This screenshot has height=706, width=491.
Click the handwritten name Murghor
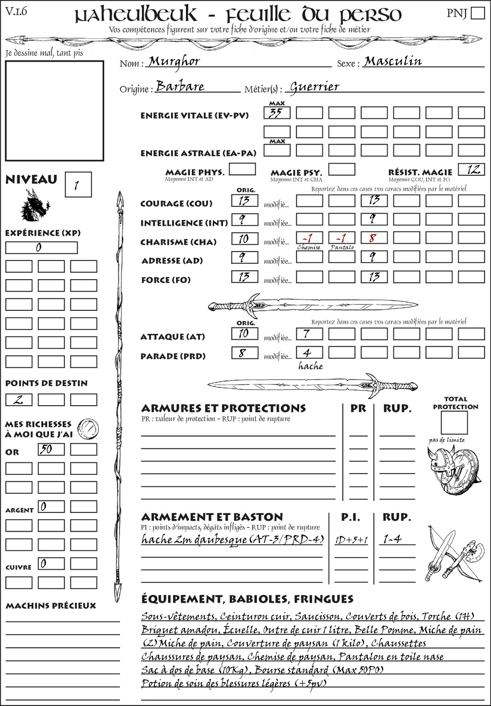[174, 61]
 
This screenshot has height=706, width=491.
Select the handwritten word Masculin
[393, 61]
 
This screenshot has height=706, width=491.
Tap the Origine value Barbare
[180, 86]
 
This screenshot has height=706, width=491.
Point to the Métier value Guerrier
[315, 87]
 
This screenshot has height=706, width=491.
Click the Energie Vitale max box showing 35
[277, 113]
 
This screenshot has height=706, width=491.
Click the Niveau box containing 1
[78, 185]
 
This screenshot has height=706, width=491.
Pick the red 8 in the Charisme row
[374, 238]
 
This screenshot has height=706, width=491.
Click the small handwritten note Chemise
[309, 248]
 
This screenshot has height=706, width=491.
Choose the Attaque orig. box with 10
[245, 333]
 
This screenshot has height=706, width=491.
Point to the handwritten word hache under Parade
[311, 366]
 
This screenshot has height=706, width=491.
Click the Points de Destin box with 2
[19, 399]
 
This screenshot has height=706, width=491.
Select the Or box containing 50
[51, 449]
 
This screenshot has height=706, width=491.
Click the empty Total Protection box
[454, 422]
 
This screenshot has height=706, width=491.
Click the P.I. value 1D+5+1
[351, 540]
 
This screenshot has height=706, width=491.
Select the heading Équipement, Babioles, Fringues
[247, 599]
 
